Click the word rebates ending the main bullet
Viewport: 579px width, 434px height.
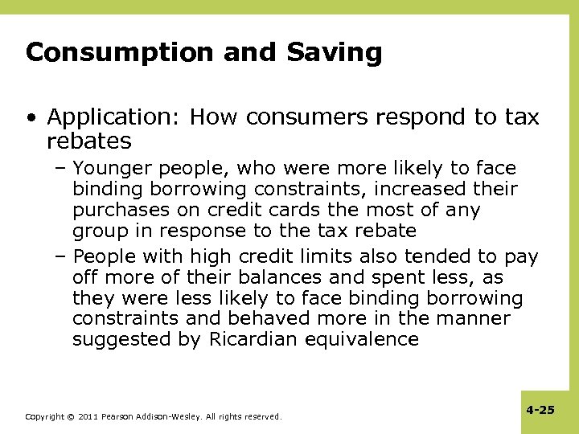click(88, 141)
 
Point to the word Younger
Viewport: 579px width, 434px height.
click(113, 169)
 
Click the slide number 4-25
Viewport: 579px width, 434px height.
click(540, 410)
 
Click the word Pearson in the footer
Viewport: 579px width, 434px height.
click(118, 417)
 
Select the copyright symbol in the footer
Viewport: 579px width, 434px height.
click(70, 417)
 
